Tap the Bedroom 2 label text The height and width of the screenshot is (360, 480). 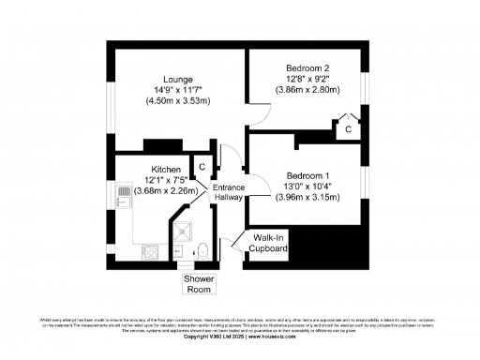(x=308, y=68)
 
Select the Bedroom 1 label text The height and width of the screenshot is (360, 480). (x=308, y=176)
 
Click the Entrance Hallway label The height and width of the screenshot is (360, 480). (x=230, y=192)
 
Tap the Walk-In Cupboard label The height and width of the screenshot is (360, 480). (x=267, y=243)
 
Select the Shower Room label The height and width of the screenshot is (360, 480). (x=198, y=284)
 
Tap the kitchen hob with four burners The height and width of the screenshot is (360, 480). (x=149, y=251)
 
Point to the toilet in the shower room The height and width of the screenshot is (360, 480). (x=202, y=250)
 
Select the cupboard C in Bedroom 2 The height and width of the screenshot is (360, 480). (x=348, y=128)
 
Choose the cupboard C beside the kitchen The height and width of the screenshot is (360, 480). (x=202, y=166)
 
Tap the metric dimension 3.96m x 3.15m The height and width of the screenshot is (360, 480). (x=308, y=198)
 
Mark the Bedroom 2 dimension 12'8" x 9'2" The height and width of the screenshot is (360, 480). (x=308, y=80)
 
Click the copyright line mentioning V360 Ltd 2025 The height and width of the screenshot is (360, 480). (x=239, y=336)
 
